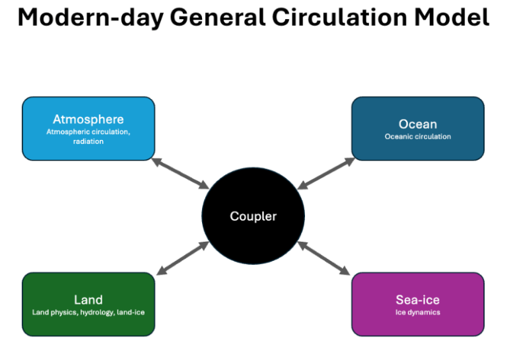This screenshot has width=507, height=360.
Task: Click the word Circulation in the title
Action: click(339, 17)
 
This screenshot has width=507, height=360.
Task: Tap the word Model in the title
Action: click(452, 17)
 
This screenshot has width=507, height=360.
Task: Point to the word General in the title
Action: click(217, 17)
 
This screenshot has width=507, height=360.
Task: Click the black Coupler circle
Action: click(253, 216)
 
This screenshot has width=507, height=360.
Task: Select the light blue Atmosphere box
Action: click(88, 128)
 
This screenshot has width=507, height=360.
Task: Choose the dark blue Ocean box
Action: click(418, 128)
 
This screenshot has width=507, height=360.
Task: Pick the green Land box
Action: click(88, 305)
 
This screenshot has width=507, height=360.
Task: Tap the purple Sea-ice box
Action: click(418, 305)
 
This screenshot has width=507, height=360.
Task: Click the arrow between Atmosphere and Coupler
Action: click(180, 173)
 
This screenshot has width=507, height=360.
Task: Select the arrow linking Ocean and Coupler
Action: click(326, 173)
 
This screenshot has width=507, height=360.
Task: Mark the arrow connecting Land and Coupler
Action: click(183, 258)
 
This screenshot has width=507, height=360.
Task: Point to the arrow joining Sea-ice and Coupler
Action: click(323, 258)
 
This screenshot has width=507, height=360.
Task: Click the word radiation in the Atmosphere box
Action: click(88, 141)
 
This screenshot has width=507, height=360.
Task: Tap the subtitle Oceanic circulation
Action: click(418, 137)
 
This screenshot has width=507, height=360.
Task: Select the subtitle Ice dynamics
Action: click(418, 312)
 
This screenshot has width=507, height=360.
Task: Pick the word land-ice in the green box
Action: click(131, 312)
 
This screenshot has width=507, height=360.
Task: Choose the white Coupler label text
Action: click(253, 217)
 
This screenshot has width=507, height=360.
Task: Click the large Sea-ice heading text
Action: click(418, 300)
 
